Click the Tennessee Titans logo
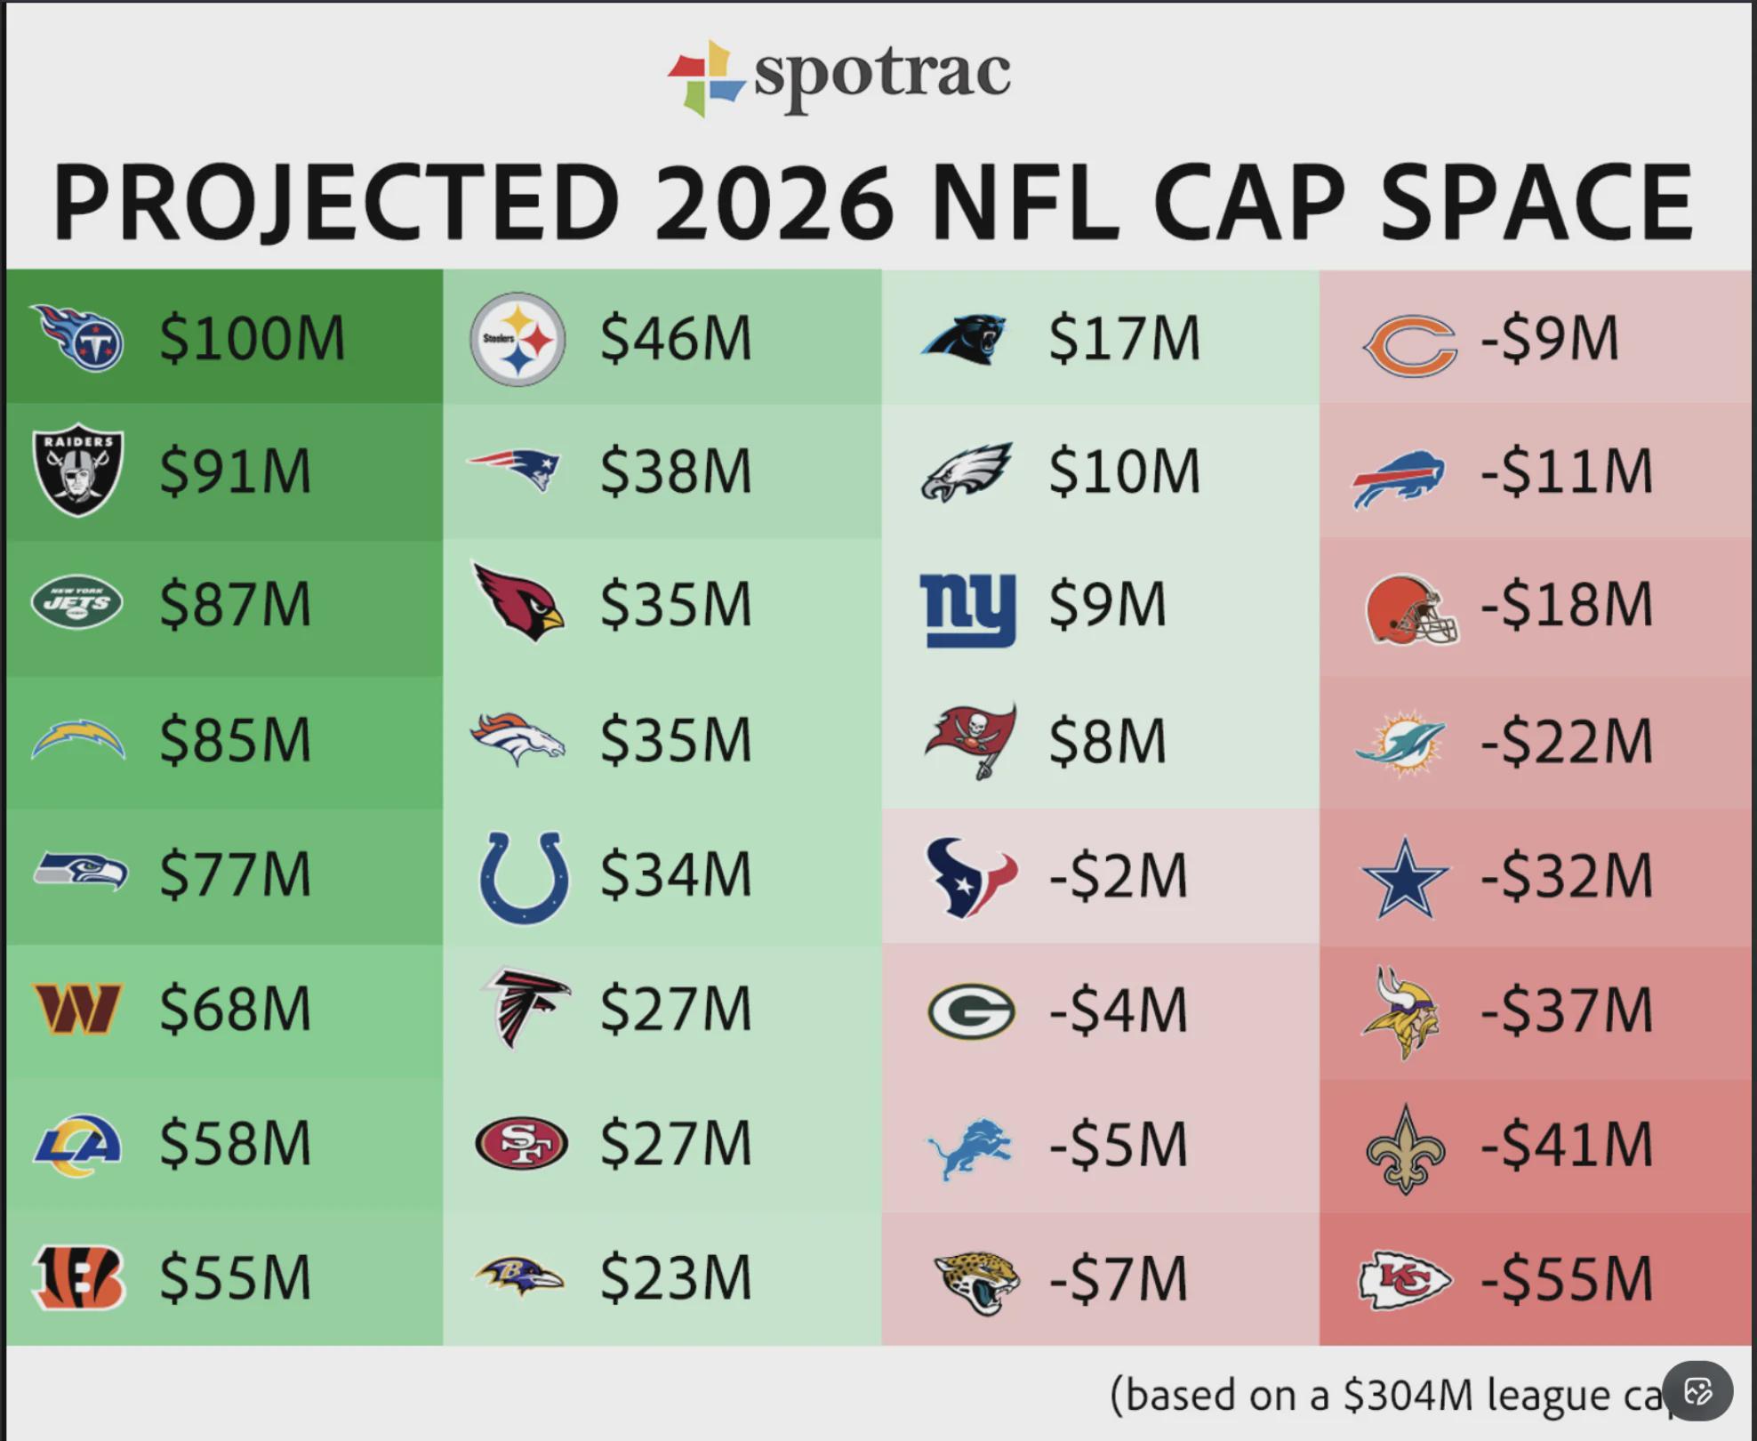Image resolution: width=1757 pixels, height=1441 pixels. coord(78,338)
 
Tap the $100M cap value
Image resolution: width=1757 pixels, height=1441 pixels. coord(253,338)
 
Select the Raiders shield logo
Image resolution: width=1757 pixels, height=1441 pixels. coord(78,470)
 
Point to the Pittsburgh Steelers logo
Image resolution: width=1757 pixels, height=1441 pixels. coord(517,339)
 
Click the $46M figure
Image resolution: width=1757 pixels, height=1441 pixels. coord(676,338)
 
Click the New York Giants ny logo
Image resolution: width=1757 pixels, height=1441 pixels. coord(967,608)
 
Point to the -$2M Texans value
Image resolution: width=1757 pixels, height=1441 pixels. coord(1119,876)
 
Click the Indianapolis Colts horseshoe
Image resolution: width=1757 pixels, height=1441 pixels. coord(524,877)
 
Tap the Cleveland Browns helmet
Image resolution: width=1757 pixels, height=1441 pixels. coord(1410,609)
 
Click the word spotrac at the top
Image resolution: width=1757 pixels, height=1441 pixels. coord(882,73)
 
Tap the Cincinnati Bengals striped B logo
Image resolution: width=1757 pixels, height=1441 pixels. coord(78,1278)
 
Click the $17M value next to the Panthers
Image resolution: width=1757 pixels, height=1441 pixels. coord(1125,338)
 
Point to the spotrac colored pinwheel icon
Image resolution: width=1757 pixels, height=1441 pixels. coord(706,78)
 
